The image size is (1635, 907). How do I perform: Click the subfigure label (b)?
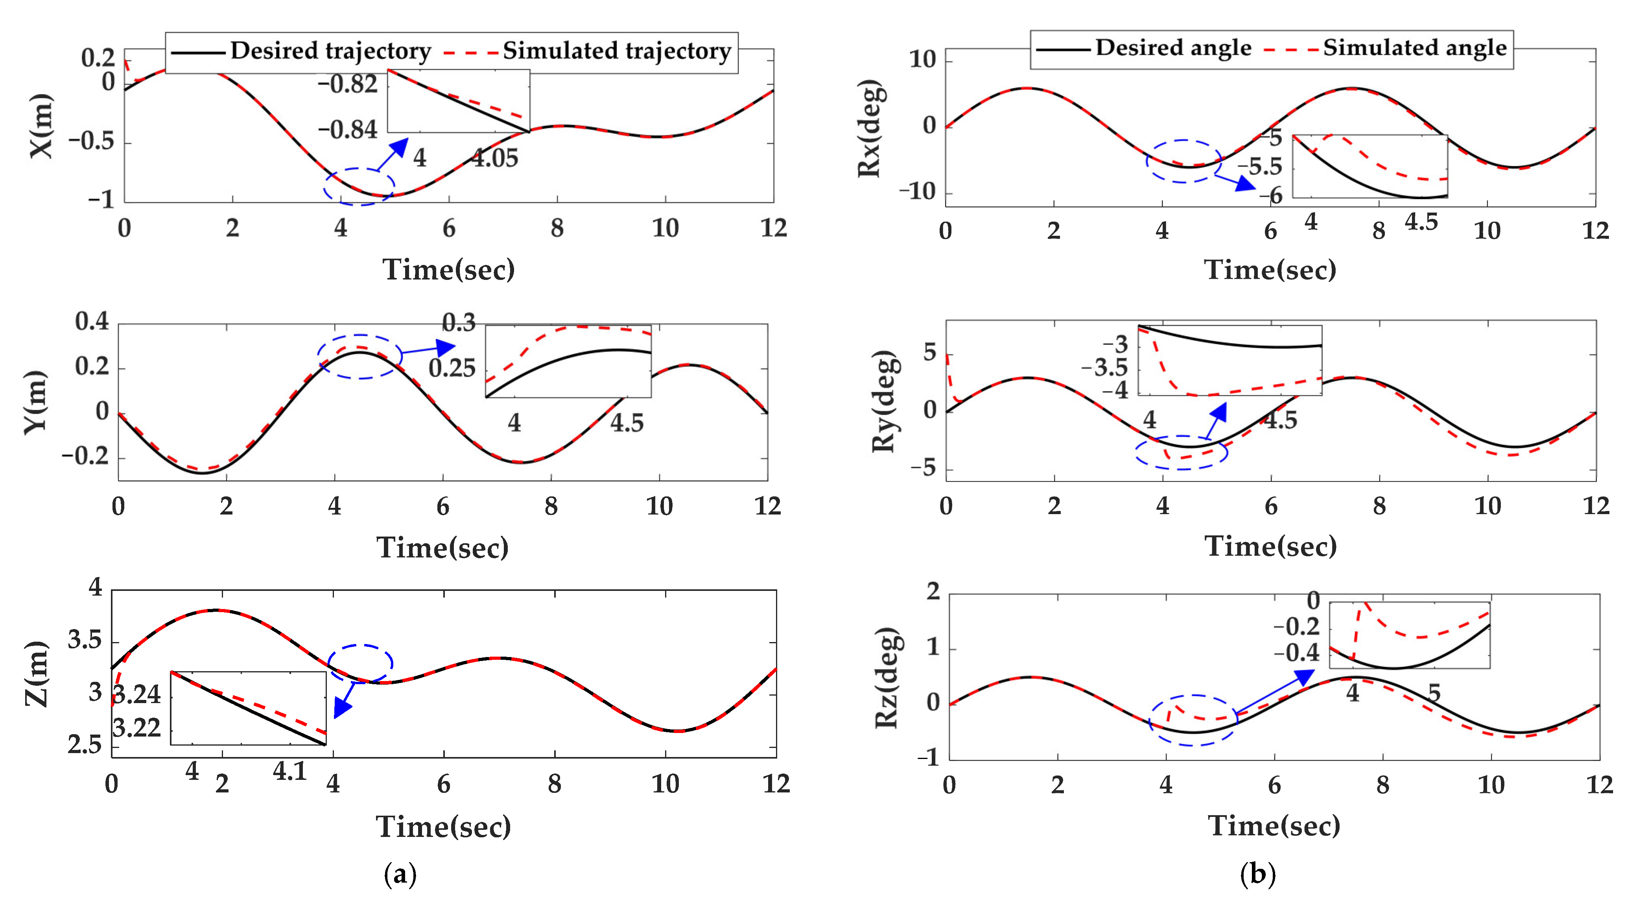1257,874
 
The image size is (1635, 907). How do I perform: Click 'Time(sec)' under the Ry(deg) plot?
1271,546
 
